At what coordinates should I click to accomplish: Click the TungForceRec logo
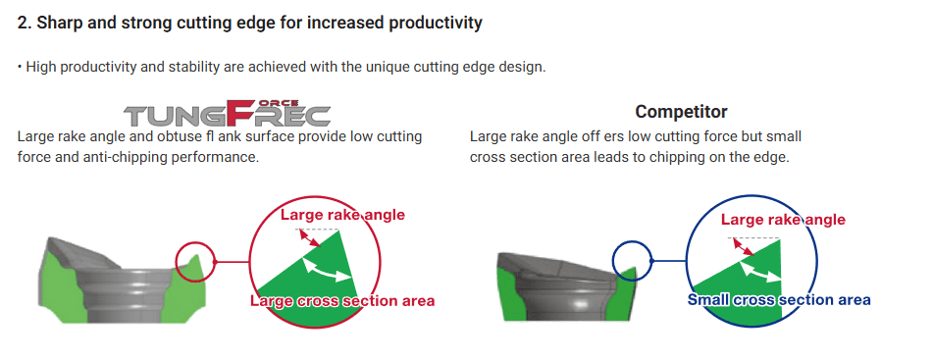pyautogui.click(x=227, y=113)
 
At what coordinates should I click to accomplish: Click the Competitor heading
pyautogui.click(x=681, y=111)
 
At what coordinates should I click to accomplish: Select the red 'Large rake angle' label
pyautogui.click(x=342, y=215)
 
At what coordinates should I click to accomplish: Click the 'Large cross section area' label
pyautogui.click(x=342, y=300)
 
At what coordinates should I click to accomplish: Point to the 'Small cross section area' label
pyautogui.click(x=779, y=299)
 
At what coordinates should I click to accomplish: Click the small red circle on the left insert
pyautogui.click(x=194, y=261)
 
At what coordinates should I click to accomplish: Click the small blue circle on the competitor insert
pyautogui.click(x=632, y=261)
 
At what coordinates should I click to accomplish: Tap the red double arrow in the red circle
pyautogui.click(x=309, y=238)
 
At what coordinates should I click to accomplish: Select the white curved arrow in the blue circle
pyautogui.click(x=761, y=273)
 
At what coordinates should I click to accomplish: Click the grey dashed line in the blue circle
pyautogui.click(x=753, y=238)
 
